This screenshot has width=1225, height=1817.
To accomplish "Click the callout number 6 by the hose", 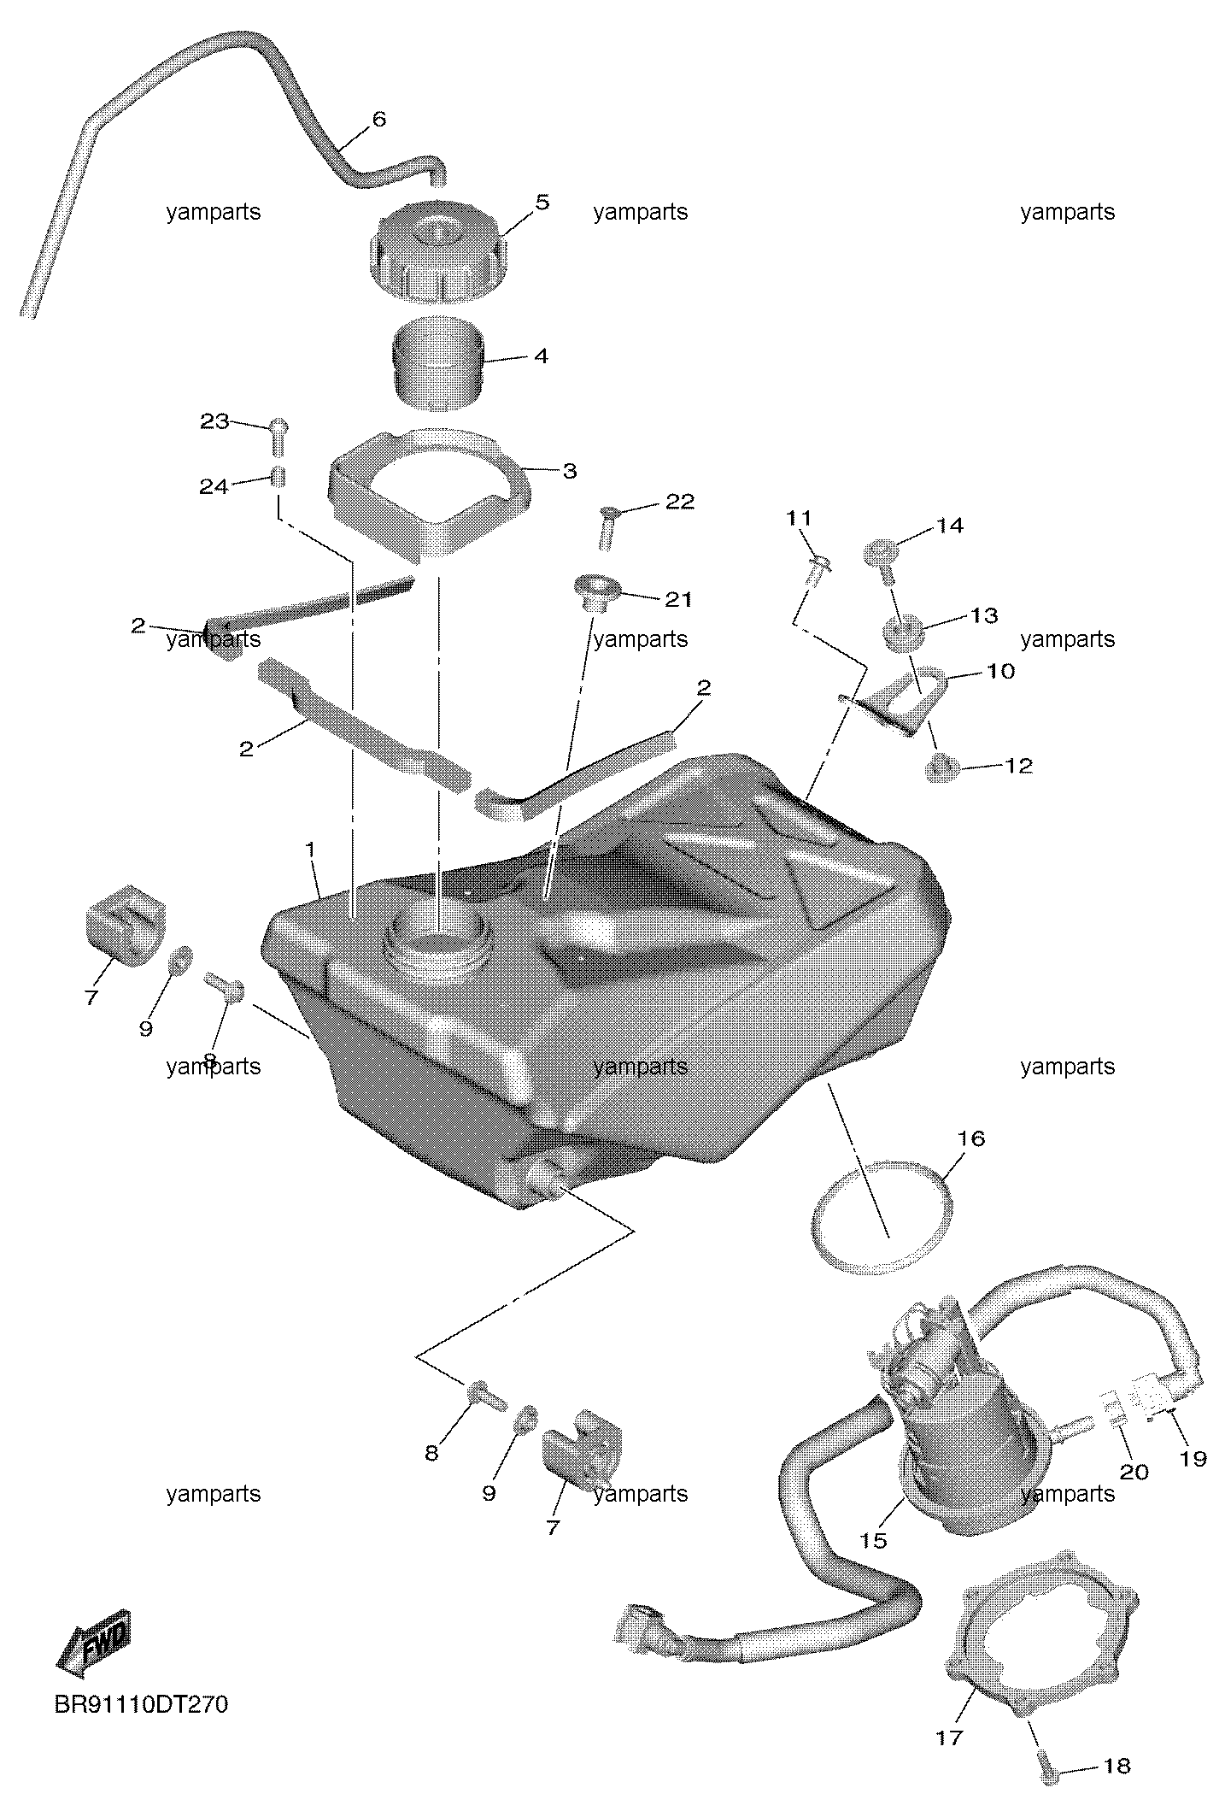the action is pyautogui.click(x=378, y=119).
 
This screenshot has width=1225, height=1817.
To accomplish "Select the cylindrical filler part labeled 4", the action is pyautogui.click(x=438, y=363).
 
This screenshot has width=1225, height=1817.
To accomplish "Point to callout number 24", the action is pyautogui.click(x=214, y=486).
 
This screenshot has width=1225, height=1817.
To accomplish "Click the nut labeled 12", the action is pyautogui.click(x=942, y=768).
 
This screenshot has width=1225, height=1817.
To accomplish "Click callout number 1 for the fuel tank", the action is pyautogui.click(x=311, y=850).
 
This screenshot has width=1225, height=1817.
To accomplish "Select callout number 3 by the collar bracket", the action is pyautogui.click(x=569, y=471).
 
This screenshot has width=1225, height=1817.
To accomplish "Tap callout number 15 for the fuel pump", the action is pyautogui.click(x=874, y=1540).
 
